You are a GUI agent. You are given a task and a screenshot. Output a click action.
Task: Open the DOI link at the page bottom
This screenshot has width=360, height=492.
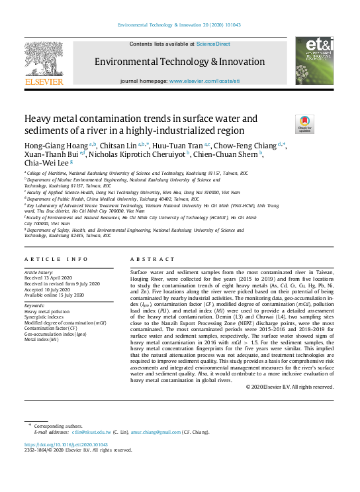click(66, 444)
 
